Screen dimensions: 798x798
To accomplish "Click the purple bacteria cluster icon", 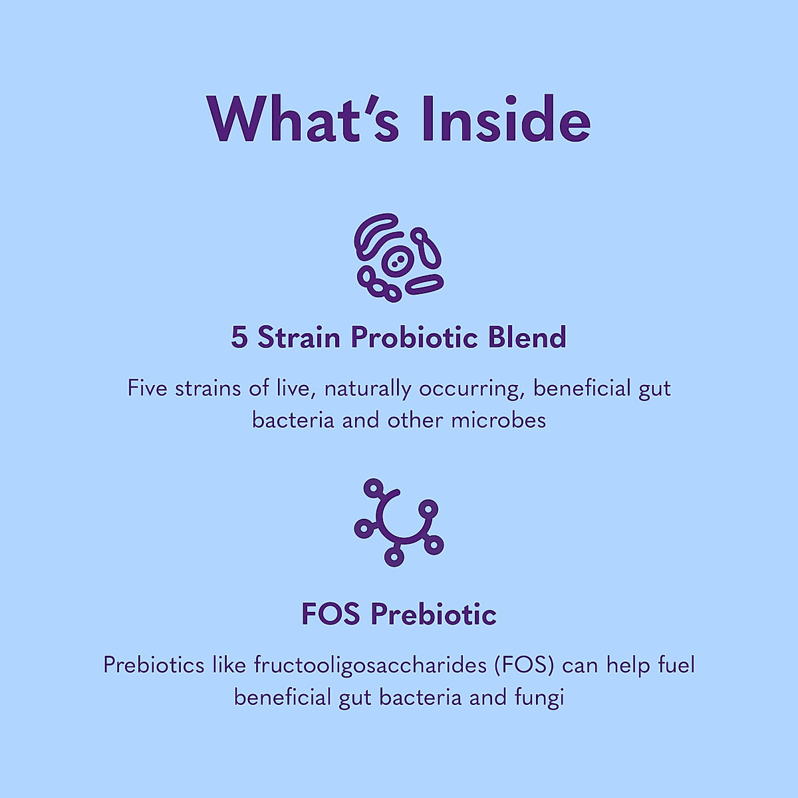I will (398, 257).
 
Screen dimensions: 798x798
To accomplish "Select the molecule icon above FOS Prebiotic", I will (398, 522).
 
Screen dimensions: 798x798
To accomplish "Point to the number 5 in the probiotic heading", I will (239, 338).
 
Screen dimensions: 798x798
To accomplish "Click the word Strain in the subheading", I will (299, 338).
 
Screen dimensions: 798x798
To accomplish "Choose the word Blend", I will (527, 338).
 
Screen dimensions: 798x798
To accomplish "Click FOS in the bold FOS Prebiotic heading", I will (332, 614).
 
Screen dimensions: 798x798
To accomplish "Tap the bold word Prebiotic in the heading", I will (434, 614).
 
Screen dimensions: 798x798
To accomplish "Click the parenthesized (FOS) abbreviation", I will (525, 666).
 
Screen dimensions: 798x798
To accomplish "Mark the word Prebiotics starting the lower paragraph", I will (154, 666).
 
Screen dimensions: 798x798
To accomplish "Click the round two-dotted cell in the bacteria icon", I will (397, 262).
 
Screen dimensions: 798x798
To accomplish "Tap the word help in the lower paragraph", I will (628, 666).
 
